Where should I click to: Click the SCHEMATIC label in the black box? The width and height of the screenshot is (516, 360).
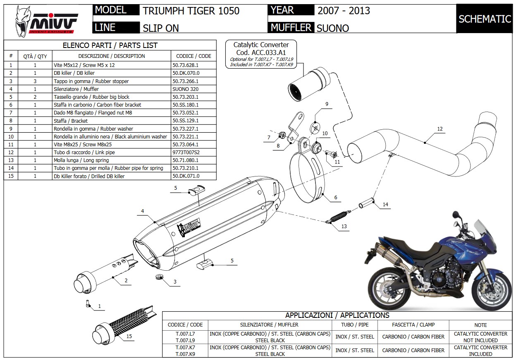point(485,19)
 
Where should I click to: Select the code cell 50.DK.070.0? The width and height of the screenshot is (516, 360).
point(186,73)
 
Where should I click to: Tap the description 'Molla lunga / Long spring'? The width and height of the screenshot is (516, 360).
point(81,160)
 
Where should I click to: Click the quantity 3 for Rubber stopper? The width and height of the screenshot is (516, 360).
point(35,81)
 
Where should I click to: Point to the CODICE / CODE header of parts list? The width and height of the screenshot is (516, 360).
point(193,56)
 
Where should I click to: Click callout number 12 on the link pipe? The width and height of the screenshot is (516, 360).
point(440,129)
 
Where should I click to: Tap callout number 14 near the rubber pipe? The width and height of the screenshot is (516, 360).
point(385,205)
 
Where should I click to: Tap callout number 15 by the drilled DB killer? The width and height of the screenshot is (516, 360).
point(129,336)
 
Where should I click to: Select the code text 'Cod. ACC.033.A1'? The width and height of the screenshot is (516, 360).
point(261,52)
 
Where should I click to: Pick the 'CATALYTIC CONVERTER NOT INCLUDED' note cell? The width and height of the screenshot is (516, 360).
point(480,337)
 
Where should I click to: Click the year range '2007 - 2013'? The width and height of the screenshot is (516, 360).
point(344,10)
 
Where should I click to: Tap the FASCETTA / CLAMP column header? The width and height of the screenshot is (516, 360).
point(413,325)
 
